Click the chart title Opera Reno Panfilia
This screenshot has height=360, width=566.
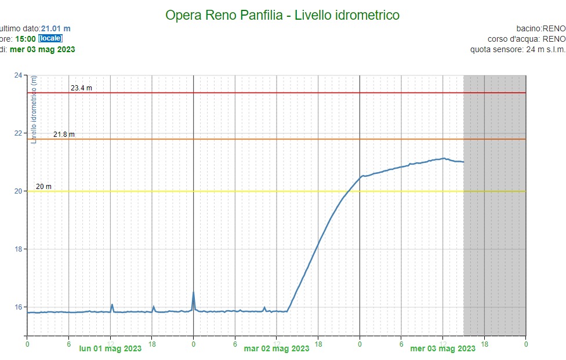pos(282,15)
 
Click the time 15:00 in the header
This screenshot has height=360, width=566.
pos(26,39)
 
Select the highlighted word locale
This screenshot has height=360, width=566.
pos(50,39)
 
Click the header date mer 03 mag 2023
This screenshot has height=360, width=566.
pos(42,49)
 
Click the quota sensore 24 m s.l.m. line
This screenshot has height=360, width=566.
pos(517,49)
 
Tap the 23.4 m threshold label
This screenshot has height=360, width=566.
pos(81,88)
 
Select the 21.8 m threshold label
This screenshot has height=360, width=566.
pos(64,134)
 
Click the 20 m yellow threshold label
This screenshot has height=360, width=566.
pos(43,187)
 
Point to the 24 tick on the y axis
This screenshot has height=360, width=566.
pos(18,75)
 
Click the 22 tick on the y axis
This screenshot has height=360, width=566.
pos(18,133)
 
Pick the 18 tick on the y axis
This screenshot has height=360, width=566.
pos(18,249)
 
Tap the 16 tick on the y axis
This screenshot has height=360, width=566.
pos(18,307)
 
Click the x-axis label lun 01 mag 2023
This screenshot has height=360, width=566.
pos(110,349)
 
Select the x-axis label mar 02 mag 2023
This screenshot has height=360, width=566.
pos(276,349)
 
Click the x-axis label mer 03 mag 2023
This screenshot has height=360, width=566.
pos(442,349)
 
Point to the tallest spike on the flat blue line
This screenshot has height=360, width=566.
pos(193,292)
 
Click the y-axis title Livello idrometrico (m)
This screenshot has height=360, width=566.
pos(34,110)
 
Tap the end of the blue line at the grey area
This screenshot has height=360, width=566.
pos(463,162)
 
